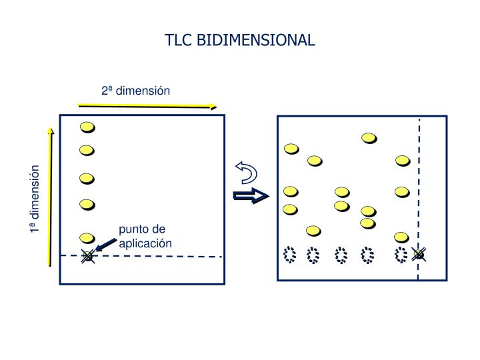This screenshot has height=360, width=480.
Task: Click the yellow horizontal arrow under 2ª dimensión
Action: [x=147, y=105]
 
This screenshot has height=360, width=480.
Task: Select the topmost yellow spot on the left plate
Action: [x=87, y=127]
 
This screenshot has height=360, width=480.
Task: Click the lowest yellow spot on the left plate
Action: [x=87, y=237]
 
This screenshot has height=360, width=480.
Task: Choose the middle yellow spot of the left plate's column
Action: [x=87, y=179]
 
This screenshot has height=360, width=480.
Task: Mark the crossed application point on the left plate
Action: [x=87, y=255]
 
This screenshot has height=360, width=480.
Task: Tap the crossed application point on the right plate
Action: [x=418, y=254]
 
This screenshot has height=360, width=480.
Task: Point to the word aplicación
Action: [x=145, y=243]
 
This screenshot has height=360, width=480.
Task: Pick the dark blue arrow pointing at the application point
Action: [x=105, y=247]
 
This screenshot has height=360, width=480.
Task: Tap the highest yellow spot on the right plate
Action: [x=369, y=138]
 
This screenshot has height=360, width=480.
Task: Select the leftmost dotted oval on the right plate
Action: [x=289, y=254]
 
